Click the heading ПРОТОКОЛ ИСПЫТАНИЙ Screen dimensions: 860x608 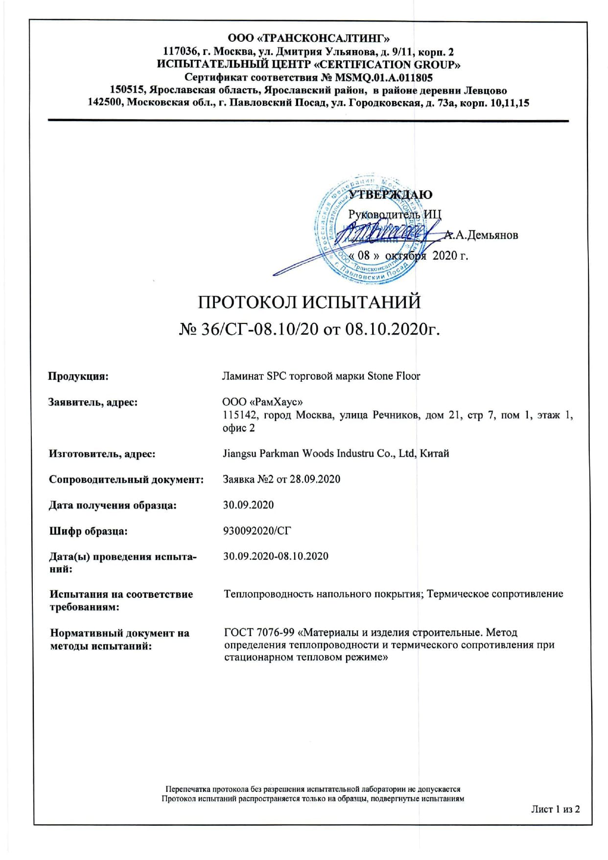coord(309,302)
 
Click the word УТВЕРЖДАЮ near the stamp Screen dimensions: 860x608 coord(390,195)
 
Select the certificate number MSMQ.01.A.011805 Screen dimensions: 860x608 coord(383,77)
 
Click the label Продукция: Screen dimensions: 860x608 coord(78,376)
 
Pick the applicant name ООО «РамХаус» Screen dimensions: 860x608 coord(259,402)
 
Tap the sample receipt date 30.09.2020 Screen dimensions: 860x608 coord(248,505)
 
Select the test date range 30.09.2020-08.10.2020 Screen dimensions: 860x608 coord(276,556)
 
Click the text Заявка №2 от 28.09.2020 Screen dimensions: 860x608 coord(281,479)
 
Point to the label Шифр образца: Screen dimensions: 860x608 coord(88,531)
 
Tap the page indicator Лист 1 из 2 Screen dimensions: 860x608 coord(555,809)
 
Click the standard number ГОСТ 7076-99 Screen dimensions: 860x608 coord(259,633)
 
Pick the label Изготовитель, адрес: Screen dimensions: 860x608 coord(102,454)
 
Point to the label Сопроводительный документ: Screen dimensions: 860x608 coord(126,479)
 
